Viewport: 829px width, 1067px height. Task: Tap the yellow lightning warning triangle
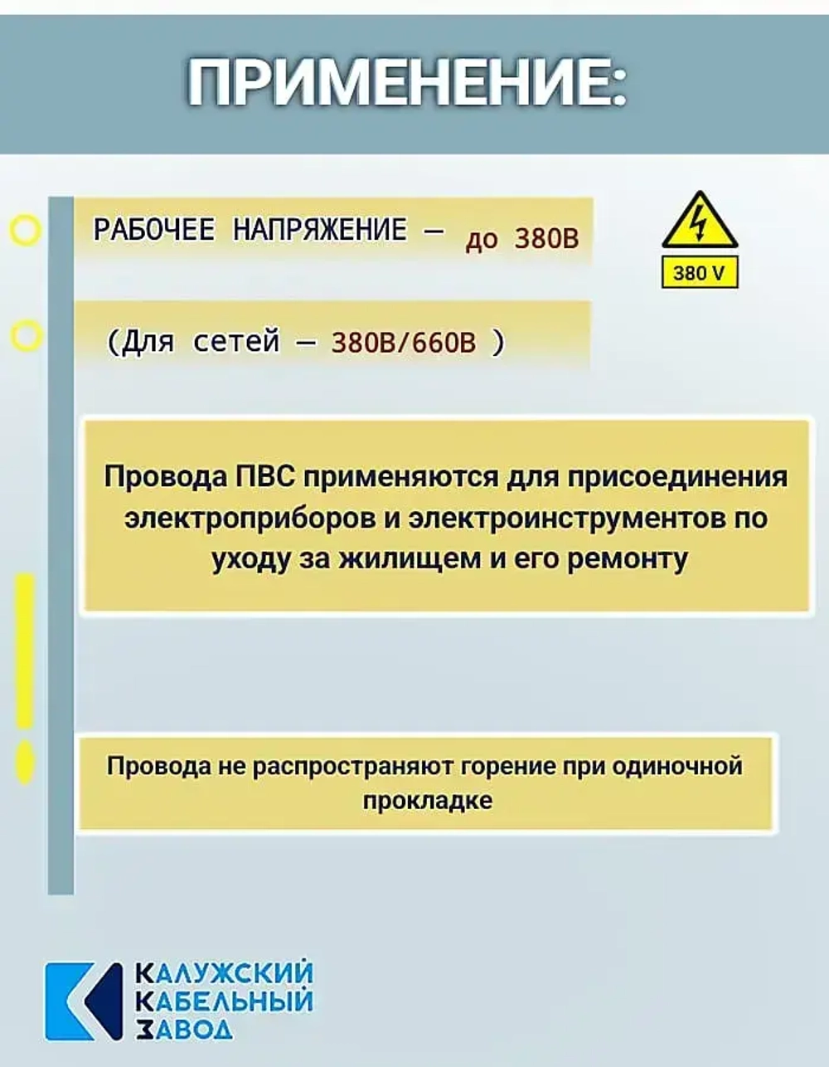(x=700, y=221)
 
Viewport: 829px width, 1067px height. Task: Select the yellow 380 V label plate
(x=700, y=272)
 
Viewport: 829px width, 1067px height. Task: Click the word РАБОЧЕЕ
(x=154, y=229)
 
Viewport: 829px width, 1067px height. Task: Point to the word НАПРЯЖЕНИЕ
(x=320, y=229)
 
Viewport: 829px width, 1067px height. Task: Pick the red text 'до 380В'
(x=522, y=239)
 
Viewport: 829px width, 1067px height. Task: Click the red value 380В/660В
(x=404, y=342)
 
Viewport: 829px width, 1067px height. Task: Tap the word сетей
(x=236, y=341)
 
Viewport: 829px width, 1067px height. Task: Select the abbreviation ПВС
(x=265, y=476)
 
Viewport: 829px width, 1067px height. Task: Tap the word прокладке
(x=427, y=801)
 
